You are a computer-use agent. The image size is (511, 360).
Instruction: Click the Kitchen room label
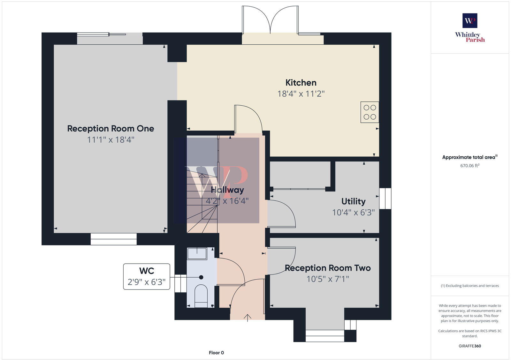click(301, 83)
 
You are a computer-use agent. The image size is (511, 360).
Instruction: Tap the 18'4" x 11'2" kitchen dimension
click(301, 94)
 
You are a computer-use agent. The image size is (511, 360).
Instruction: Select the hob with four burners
click(370, 112)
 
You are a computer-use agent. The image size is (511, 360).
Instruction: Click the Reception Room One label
click(111, 129)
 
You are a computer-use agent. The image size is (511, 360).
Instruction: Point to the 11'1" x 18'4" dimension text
click(111, 140)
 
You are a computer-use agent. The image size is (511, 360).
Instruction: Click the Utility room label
click(353, 201)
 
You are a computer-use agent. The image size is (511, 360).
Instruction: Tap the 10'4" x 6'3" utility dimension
click(353, 213)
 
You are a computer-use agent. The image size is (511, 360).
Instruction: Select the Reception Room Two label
click(328, 268)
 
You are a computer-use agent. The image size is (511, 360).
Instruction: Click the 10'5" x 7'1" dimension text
click(328, 279)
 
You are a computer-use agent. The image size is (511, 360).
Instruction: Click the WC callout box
click(147, 276)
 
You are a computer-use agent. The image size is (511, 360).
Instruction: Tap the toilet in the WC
click(201, 295)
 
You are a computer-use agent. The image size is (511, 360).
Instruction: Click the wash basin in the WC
click(197, 254)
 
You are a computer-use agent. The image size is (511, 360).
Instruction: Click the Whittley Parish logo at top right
click(470, 28)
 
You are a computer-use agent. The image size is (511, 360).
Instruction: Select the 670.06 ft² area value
click(470, 166)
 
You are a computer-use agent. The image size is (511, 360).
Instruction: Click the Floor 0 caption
click(216, 353)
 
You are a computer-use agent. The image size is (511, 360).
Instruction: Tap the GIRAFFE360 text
click(470, 346)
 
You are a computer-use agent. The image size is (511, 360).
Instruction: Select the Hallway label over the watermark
click(227, 190)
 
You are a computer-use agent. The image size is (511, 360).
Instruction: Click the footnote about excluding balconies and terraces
click(470, 286)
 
